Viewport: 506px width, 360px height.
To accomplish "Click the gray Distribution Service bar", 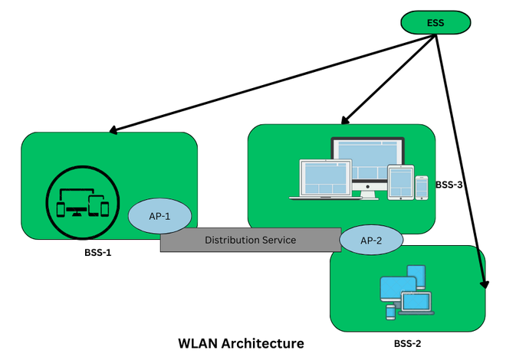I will [251, 240].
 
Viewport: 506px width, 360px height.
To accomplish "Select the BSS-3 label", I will [450, 185].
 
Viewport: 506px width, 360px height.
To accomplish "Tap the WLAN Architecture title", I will [241, 342].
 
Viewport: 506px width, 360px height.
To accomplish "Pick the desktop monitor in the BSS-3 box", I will [366, 165].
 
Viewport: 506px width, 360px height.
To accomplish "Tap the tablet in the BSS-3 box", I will [400, 182].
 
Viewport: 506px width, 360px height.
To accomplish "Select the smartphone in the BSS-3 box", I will [421, 187].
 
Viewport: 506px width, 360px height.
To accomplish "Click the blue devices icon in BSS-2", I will [406, 291].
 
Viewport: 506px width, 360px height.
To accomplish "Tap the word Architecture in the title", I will [265, 342].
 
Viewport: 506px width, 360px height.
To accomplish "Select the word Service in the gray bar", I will [278, 240].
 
